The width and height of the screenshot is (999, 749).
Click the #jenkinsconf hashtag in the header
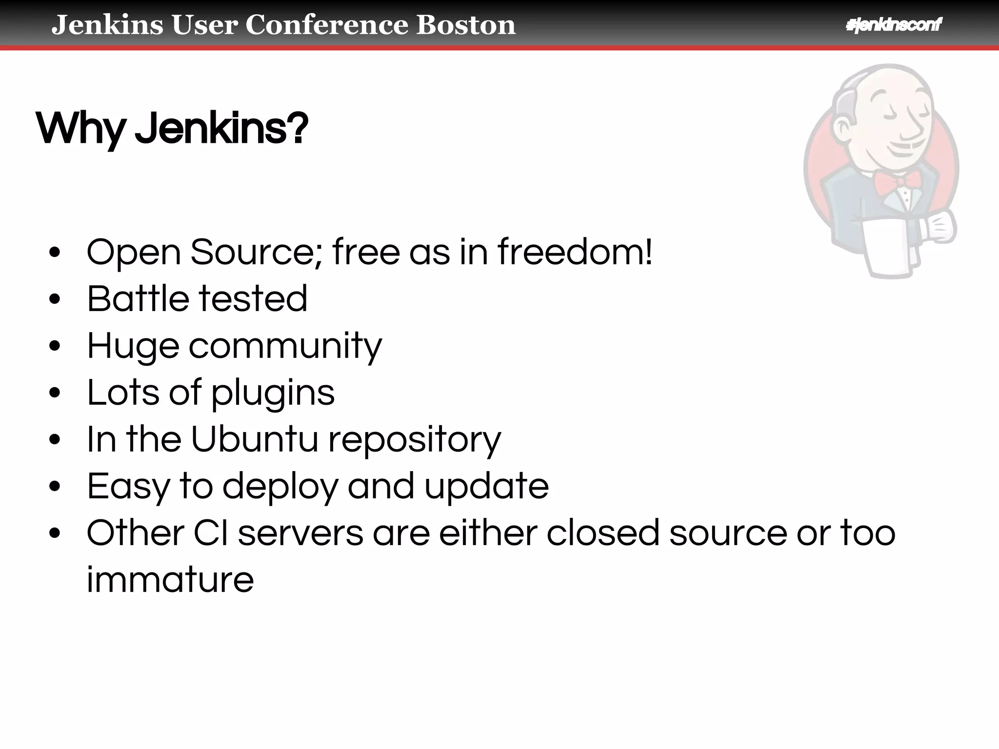tap(893, 25)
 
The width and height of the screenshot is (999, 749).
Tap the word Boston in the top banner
tap(465, 25)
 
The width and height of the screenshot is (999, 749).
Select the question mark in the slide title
tap(297, 128)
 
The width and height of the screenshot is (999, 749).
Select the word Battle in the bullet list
tap(138, 298)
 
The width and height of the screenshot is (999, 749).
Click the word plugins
tap(273, 393)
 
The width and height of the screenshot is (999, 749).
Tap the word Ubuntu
tap(254, 439)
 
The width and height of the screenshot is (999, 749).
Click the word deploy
tap(280, 487)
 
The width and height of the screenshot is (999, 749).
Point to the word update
tap(486, 487)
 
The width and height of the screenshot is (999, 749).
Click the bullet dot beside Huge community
tap(55, 346)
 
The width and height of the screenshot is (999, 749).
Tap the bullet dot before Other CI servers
tap(55, 533)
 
